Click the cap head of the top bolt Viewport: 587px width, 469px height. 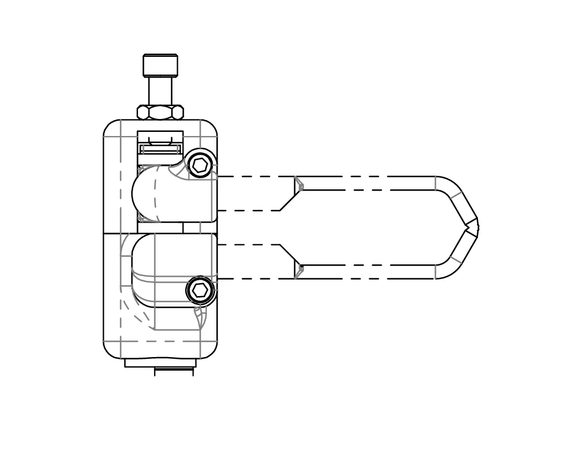pyautogui.click(x=160, y=65)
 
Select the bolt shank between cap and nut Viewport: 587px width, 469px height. pyautogui.click(x=160, y=91)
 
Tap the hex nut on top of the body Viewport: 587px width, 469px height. pyautogui.click(x=160, y=112)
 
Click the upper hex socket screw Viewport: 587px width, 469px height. pyautogui.click(x=200, y=165)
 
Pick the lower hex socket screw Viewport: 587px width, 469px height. pyautogui.click(x=200, y=290)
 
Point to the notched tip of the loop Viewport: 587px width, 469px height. pyautogui.click(x=473, y=227)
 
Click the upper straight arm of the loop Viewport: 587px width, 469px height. pyautogui.click(x=369, y=183)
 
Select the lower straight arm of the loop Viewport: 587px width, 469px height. pyautogui.click(x=369, y=271)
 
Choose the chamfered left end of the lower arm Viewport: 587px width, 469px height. pyautogui.click(x=298, y=268)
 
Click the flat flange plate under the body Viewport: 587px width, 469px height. pyautogui.click(x=160, y=363)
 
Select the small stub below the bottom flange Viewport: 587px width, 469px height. pyautogui.click(x=174, y=372)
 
